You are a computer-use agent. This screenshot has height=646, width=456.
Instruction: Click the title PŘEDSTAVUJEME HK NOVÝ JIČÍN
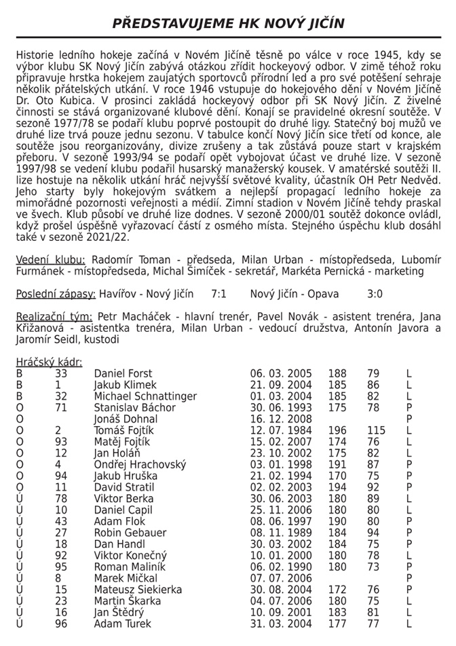click(228, 23)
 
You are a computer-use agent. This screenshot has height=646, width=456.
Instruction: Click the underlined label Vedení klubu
click(50, 259)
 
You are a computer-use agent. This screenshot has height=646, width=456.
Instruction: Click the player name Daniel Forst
click(124, 374)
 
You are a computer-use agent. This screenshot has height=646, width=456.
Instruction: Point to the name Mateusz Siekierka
click(138, 590)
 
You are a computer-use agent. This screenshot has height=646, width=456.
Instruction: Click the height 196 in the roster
click(337, 431)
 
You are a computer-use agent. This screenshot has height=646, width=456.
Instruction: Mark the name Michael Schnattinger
click(145, 396)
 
